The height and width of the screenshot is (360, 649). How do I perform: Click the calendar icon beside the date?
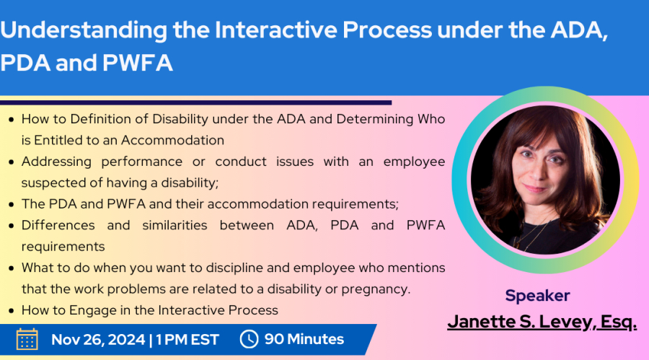27,339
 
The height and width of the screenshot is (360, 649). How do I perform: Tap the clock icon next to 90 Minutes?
249,339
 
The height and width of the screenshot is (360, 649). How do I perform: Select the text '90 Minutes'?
304,339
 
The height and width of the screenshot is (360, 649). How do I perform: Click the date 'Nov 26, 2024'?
98,340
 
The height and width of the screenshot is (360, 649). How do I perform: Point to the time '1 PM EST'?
187,340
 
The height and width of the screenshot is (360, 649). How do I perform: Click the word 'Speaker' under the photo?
537,296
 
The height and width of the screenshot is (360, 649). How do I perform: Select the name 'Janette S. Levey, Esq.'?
542,322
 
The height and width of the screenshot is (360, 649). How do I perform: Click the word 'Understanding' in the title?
84,30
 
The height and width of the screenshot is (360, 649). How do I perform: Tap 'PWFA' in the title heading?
138,63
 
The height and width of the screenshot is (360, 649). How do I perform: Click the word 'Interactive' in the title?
275,30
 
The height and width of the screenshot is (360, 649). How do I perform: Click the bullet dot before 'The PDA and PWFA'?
12,205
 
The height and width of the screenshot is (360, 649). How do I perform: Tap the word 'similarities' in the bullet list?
175,225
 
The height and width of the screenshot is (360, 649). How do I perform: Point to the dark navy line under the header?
195,102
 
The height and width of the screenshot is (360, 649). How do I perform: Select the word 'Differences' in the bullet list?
58,225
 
